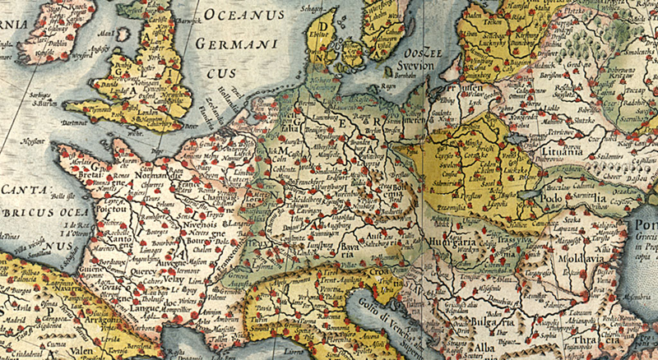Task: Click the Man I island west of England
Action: [104, 38]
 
